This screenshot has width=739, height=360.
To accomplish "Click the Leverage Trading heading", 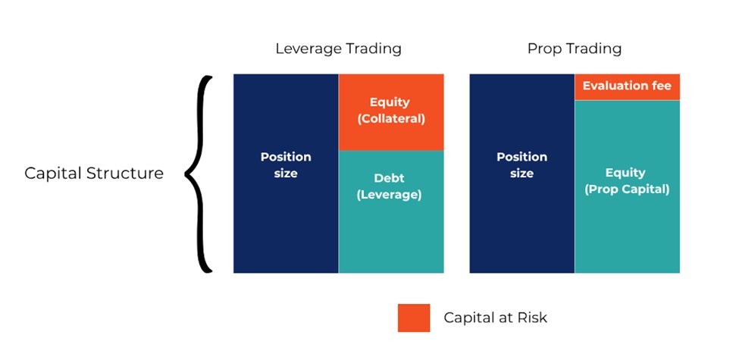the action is click(x=338, y=49).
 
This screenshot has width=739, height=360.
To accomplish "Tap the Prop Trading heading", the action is click(x=574, y=49).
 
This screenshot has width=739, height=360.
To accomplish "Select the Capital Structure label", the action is click(x=94, y=173).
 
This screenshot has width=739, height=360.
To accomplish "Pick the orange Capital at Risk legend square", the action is click(x=414, y=318).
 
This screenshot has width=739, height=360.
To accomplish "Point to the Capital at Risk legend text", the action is click(x=496, y=318).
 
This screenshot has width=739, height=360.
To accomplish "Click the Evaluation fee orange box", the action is click(x=627, y=87).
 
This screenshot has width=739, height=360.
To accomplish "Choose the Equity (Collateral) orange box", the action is click(x=391, y=112).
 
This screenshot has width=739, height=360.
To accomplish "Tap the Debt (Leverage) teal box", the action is click(x=391, y=211).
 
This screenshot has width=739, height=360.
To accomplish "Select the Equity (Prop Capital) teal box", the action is click(x=627, y=186).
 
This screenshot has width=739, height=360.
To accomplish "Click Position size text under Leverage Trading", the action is click(x=286, y=165).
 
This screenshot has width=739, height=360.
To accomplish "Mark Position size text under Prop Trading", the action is click(x=521, y=165).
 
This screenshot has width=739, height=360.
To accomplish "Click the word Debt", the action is click(x=390, y=179).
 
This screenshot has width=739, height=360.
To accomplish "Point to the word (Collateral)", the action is click(x=391, y=119).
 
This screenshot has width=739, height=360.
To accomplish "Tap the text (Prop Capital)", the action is click(x=627, y=189).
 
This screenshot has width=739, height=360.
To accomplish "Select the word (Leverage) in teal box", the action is click(x=390, y=195).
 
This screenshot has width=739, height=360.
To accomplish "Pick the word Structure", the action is click(x=125, y=173).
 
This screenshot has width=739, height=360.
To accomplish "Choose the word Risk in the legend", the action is click(x=532, y=317).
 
